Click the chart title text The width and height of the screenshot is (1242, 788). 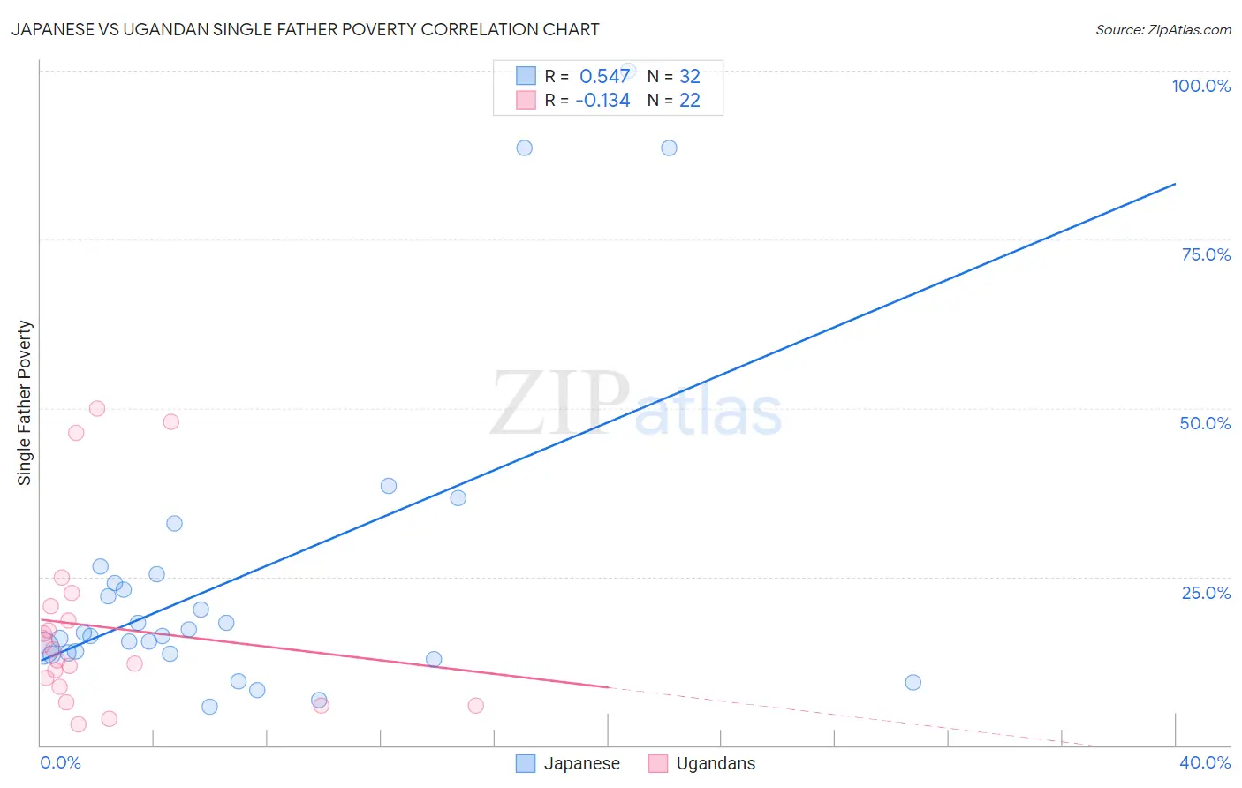point(305,29)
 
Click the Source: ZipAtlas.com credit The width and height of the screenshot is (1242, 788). point(1162,30)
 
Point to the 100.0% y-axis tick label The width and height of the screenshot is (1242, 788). point(1200,86)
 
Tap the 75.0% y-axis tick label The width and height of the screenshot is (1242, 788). point(1206,254)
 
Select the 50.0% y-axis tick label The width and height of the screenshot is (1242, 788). point(1205,423)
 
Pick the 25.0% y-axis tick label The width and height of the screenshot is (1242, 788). point(1206,593)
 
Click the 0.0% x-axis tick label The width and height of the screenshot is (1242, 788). point(60,762)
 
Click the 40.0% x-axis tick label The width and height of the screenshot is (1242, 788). point(1204,762)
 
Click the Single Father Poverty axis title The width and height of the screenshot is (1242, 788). point(25,403)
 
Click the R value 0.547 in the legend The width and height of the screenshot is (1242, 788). point(604,76)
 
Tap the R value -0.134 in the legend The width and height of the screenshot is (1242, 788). point(602,100)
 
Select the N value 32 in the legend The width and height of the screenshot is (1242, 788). point(689,76)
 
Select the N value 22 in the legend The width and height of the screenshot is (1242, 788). point(689,100)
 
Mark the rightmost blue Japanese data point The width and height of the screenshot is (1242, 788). point(913,682)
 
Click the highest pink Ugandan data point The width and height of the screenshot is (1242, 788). point(97,408)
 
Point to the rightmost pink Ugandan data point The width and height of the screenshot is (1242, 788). point(475,705)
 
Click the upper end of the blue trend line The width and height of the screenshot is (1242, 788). point(1175,184)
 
